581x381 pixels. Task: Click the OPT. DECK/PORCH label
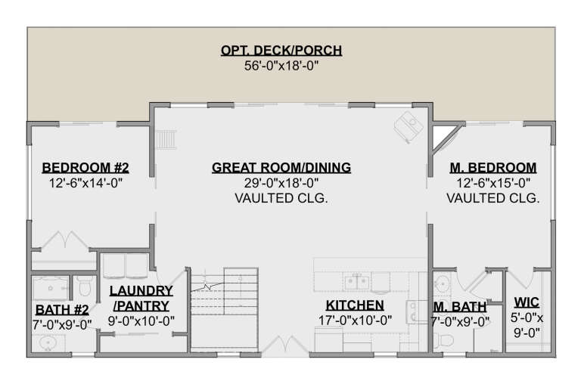[x=281, y=51]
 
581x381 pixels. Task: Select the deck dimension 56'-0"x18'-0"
[x=281, y=66]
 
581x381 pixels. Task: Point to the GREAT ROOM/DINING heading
[x=281, y=167]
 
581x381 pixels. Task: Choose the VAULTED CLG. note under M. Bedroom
[x=492, y=199]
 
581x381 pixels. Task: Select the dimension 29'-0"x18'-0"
[x=281, y=183]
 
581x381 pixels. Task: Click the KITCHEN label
[x=354, y=305]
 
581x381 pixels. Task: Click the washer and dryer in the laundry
[x=125, y=266]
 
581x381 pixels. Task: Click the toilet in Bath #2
[x=85, y=290]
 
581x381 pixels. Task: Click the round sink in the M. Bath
[x=443, y=285]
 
